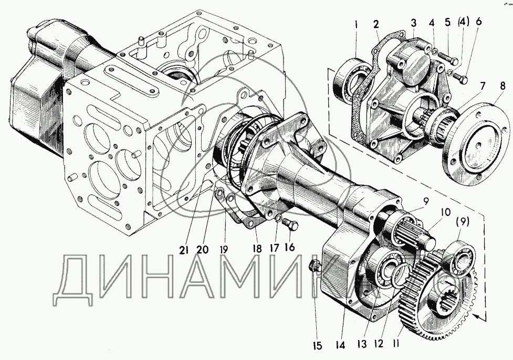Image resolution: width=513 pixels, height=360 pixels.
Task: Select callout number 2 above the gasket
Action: coord(376,25)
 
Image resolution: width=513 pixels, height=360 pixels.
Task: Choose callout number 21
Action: coord(183,250)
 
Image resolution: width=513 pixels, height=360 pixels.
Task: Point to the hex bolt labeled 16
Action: coord(291,227)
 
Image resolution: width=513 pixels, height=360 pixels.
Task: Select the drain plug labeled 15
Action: coord(315,265)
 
